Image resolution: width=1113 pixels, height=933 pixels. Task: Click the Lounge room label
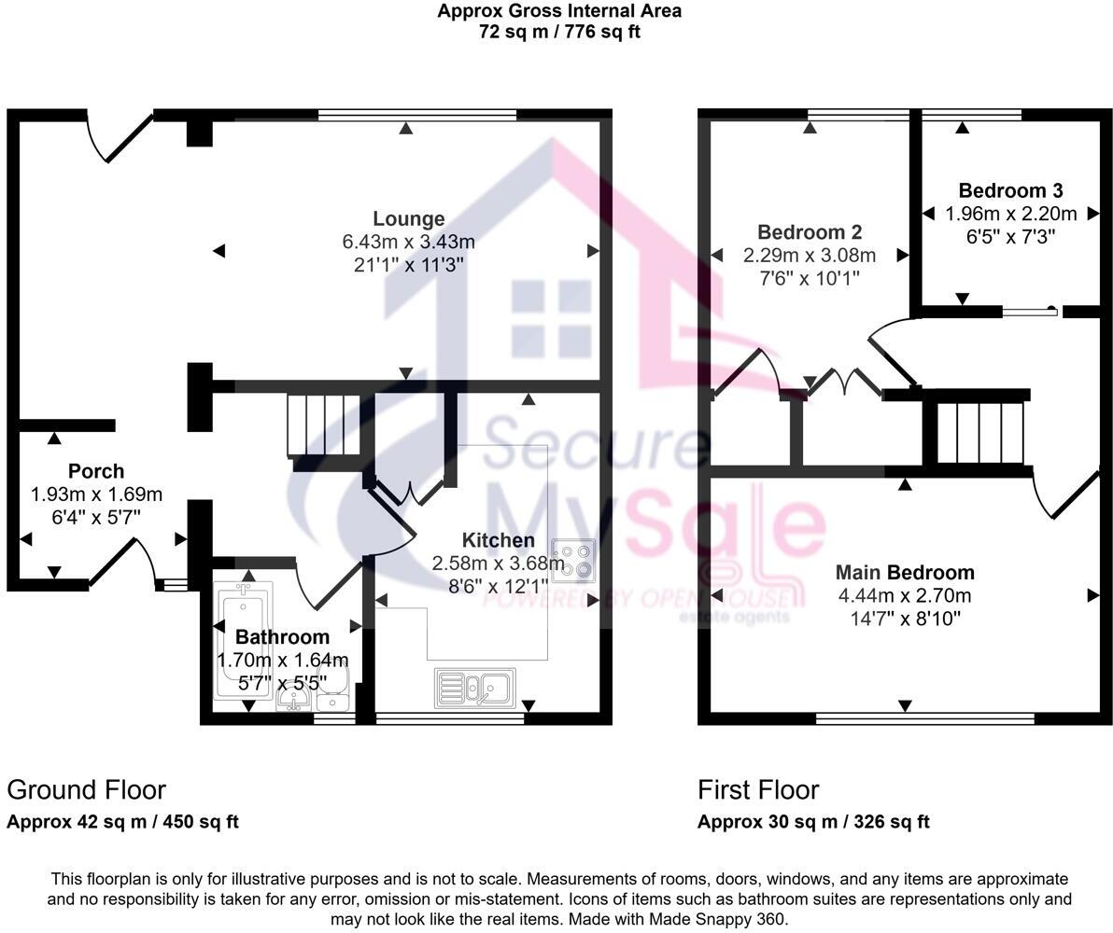408,219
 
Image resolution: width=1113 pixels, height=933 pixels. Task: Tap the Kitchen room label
499,540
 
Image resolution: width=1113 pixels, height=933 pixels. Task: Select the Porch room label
95,471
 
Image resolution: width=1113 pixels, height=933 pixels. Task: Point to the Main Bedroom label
904,573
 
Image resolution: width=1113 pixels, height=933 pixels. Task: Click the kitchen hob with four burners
572,560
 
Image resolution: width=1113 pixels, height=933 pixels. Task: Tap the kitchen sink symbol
472,689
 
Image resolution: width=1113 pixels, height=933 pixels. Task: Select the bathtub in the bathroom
241,644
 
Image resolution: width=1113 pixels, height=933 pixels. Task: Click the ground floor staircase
323,425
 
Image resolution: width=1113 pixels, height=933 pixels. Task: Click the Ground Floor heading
86,790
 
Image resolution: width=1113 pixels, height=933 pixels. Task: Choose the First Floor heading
758,790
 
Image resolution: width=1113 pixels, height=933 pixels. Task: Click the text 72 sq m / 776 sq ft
558,32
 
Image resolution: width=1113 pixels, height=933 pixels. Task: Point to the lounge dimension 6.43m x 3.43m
408,243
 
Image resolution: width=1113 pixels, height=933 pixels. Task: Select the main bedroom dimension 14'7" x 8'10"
904,618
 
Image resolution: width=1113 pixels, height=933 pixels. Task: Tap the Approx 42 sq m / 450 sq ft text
122,822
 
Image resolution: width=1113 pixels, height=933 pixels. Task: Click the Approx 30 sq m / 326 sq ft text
813,822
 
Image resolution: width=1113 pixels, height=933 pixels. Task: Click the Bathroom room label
282,637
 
